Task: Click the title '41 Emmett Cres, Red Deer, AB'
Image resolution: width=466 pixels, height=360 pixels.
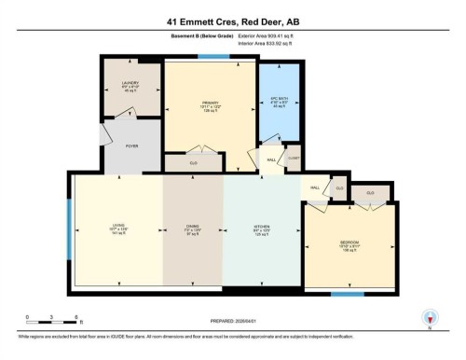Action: pos(233,20)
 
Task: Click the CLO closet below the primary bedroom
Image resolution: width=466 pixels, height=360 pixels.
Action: pos(194,162)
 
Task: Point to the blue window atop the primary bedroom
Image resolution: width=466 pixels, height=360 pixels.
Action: pos(213,57)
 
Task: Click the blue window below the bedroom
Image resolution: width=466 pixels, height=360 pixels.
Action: pos(347,294)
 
